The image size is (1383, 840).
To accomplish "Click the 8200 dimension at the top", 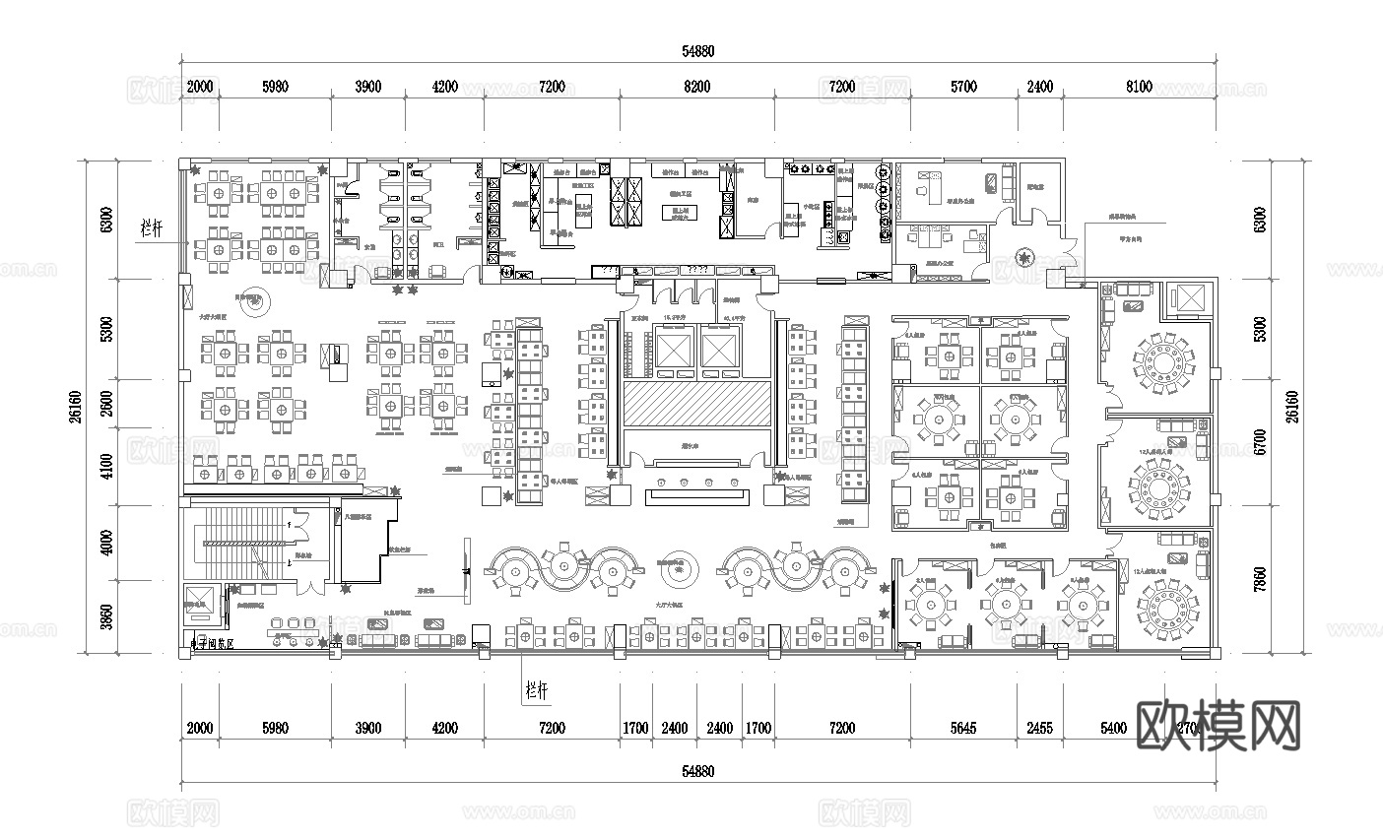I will pyautogui.click(x=696, y=87).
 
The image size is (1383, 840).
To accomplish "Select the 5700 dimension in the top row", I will pyautogui.click(x=963, y=87).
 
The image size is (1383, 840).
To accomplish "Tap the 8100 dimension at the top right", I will pyautogui.click(x=1138, y=87).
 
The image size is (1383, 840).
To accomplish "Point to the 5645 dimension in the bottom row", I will pyautogui.click(x=963, y=729).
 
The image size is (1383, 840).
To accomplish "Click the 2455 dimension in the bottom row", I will pyautogui.click(x=1039, y=729).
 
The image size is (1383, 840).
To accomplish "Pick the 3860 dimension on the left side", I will pyautogui.click(x=106, y=617).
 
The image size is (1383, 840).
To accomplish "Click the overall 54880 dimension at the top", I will pyautogui.click(x=696, y=51).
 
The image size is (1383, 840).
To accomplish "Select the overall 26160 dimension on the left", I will pyautogui.click(x=73, y=405).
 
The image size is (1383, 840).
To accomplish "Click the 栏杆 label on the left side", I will pyautogui.click(x=152, y=226).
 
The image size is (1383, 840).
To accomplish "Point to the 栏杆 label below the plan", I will pyautogui.click(x=537, y=690).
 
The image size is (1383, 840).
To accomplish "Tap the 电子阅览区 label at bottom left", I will pyautogui.click(x=219, y=644).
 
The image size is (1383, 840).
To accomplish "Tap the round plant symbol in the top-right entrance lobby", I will pyautogui.click(x=1025, y=259).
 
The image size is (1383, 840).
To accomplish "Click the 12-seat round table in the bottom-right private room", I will pyautogui.click(x=1167, y=602).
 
